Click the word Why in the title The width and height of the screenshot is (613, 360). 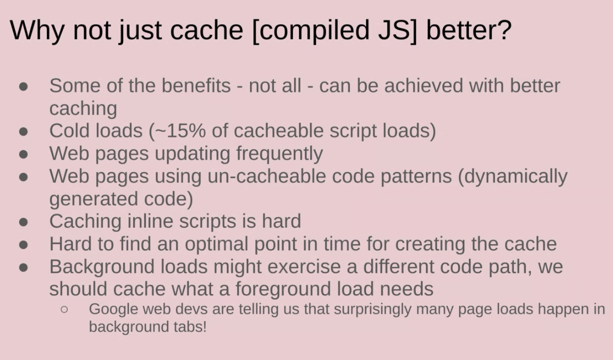(x=37, y=31)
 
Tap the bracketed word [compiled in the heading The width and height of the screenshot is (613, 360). (x=311, y=31)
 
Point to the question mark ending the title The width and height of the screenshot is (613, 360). (x=504, y=30)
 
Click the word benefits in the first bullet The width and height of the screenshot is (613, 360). (x=196, y=85)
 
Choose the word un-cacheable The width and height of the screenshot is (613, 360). (x=267, y=176)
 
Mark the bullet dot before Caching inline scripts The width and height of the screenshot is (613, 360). (x=23, y=222)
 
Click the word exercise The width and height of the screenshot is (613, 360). (x=304, y=266)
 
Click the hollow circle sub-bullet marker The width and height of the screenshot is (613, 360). (x=65, y=309)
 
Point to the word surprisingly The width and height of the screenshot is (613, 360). (x=373, y=309)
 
